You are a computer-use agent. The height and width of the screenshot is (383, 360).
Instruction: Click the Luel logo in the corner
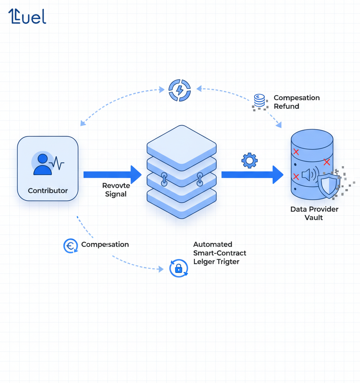pyautogui.click(x=27, y=17)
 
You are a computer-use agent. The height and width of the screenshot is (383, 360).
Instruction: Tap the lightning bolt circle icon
pyautogui.click(x=180, y=90)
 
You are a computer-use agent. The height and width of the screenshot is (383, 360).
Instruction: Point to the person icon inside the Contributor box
pyautogui.click(x=43, y=165)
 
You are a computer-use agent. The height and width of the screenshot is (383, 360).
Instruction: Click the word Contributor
pyautogui.click(x=48, y=190)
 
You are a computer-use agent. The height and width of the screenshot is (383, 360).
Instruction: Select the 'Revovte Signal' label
pyautogui.click(x=116, y=190)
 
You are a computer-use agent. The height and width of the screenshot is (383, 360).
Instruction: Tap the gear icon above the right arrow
pyautogui.click(x=249, y=160)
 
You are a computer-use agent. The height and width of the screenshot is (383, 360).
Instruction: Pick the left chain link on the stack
pyautogui.click(x=164, y=179)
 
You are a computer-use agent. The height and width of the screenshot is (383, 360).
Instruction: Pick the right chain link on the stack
pyautogui.click(x=200, y=179)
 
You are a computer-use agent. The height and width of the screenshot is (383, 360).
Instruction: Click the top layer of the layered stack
pyautogui.click(x=181, y=145)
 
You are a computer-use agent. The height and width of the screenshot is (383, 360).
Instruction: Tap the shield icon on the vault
pyautogui.click(x=328, y=185)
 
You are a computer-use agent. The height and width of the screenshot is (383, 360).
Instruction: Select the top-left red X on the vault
pyautogui.click(x=296, y=152)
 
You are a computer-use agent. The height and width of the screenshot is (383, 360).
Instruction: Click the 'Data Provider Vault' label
pyautogui.click(x=314, y=213)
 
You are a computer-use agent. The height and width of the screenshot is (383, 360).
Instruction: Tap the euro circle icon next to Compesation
pyautogui.click(x=70, y=246)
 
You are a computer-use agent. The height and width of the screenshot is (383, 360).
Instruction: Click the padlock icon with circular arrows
pyautogui.click(x=179, y=268)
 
